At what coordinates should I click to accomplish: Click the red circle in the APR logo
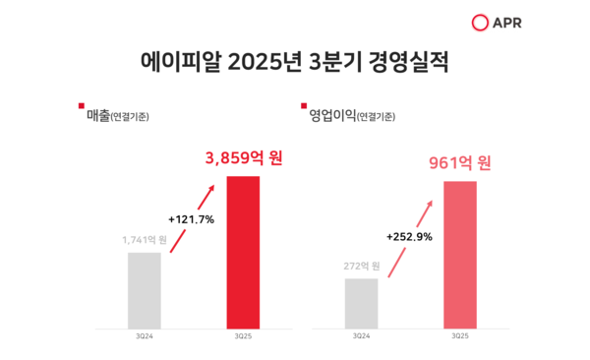click(x=481, y=23)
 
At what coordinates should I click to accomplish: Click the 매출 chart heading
click(x=98, y=116)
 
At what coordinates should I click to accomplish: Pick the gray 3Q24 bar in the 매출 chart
click(x=144, y=290)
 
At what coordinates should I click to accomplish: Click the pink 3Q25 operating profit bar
click(x=460, y=255)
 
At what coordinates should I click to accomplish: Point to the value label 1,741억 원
click(x=145, y=239)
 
